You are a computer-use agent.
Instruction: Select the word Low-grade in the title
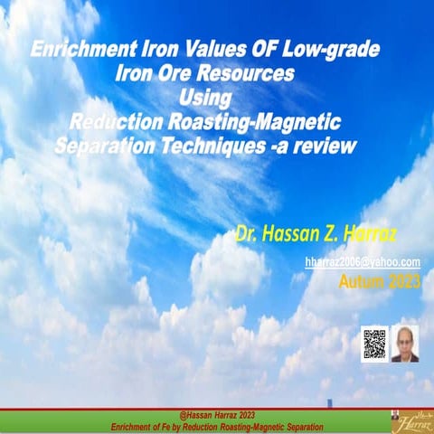334,51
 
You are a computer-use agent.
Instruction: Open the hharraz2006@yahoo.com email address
362,261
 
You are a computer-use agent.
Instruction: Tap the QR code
373,344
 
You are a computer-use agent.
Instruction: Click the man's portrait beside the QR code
404,344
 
